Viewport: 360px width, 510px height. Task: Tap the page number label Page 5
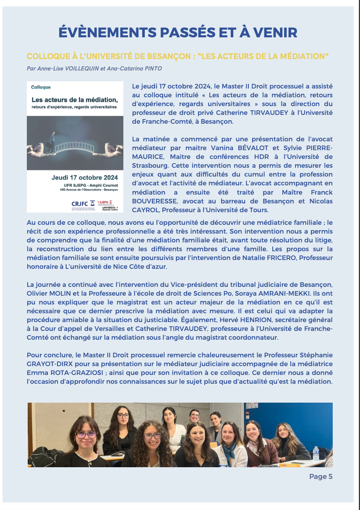(x=321, y=476)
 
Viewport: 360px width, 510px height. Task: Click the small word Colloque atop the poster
(x=41, y=87)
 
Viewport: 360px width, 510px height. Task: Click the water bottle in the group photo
(x=316, y=453)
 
